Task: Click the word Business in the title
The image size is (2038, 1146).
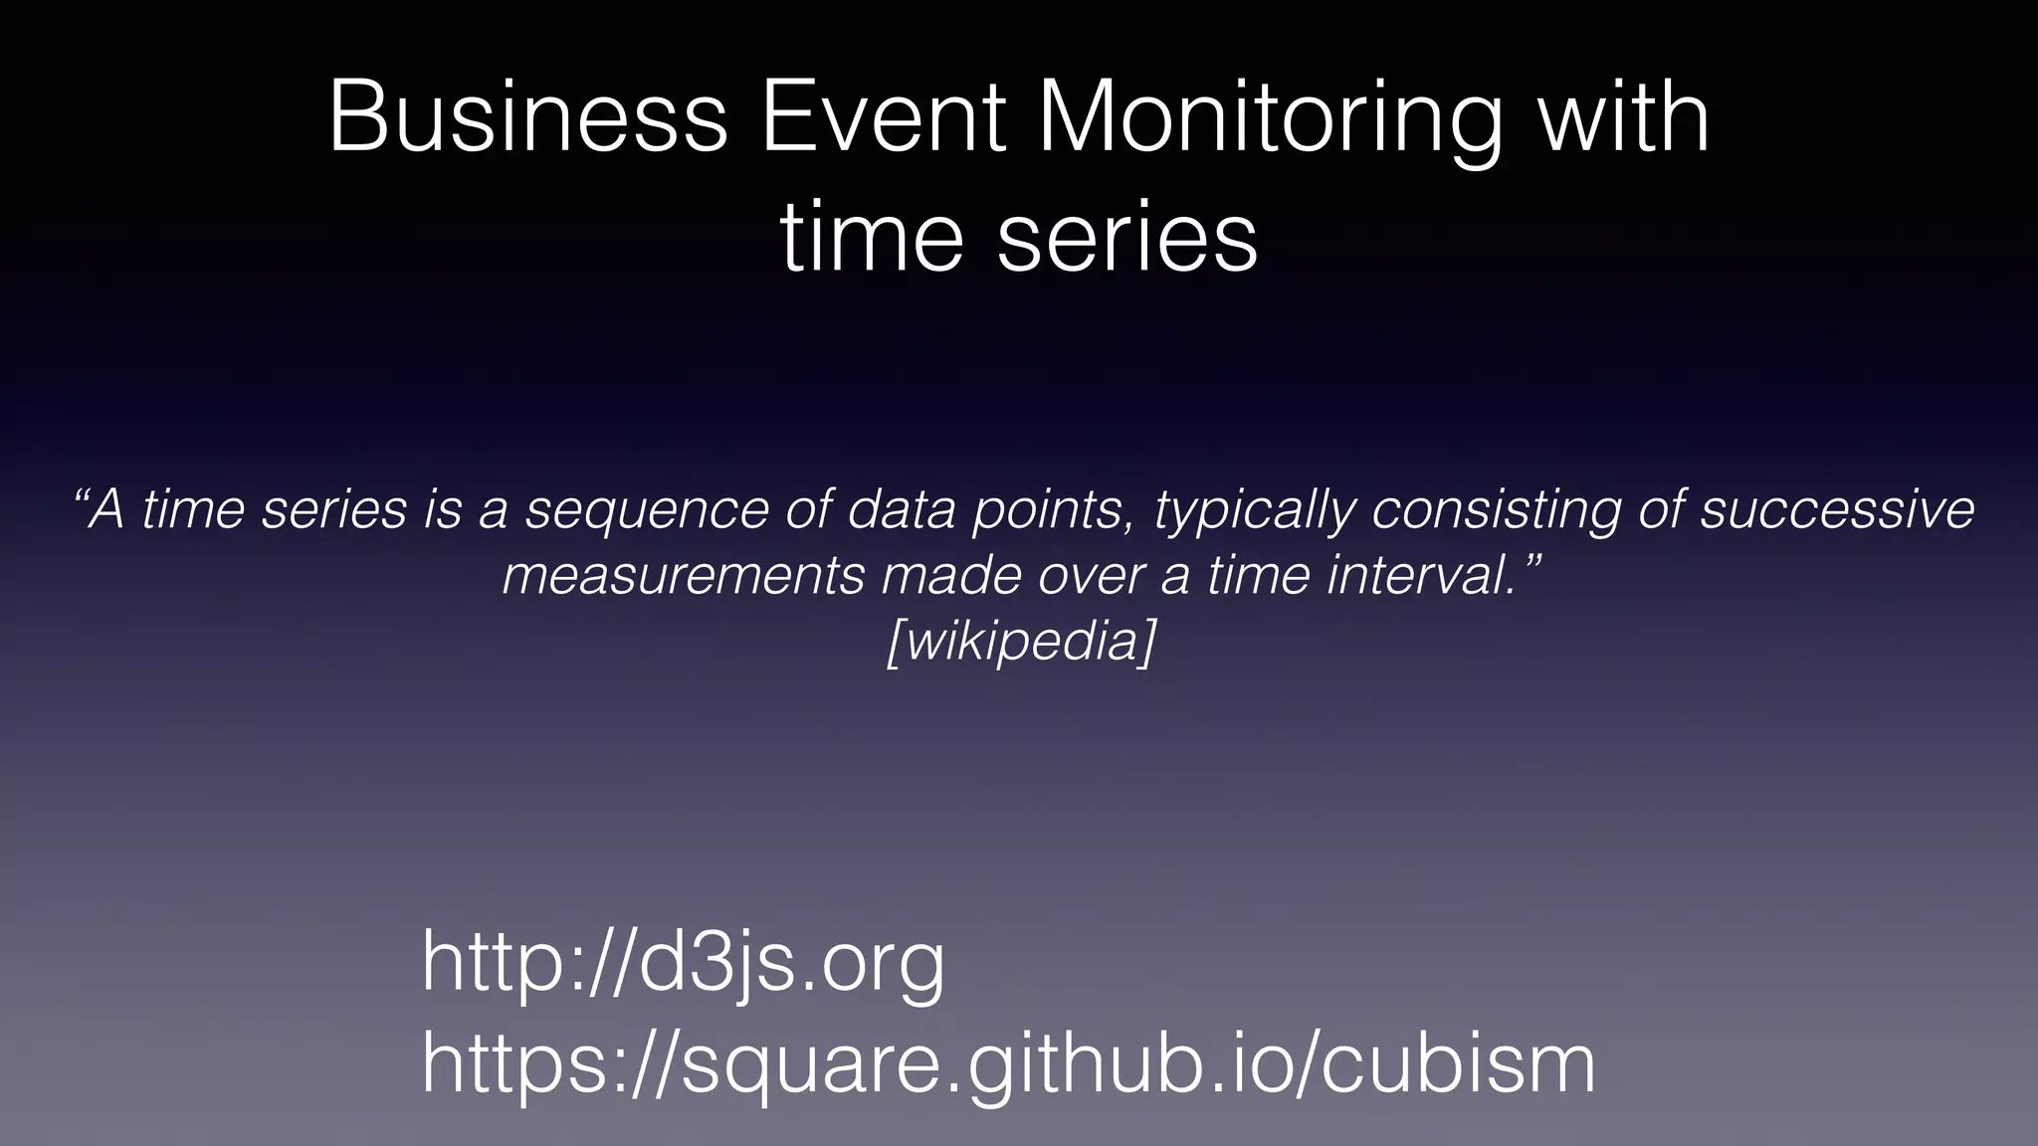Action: click(x=527, y=117)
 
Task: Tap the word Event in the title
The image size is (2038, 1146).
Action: click(x=884, y=117)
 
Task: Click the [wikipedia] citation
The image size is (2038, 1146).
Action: click(x=1021, y=642)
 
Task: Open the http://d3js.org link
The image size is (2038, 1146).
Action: click(x=683, y=964)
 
